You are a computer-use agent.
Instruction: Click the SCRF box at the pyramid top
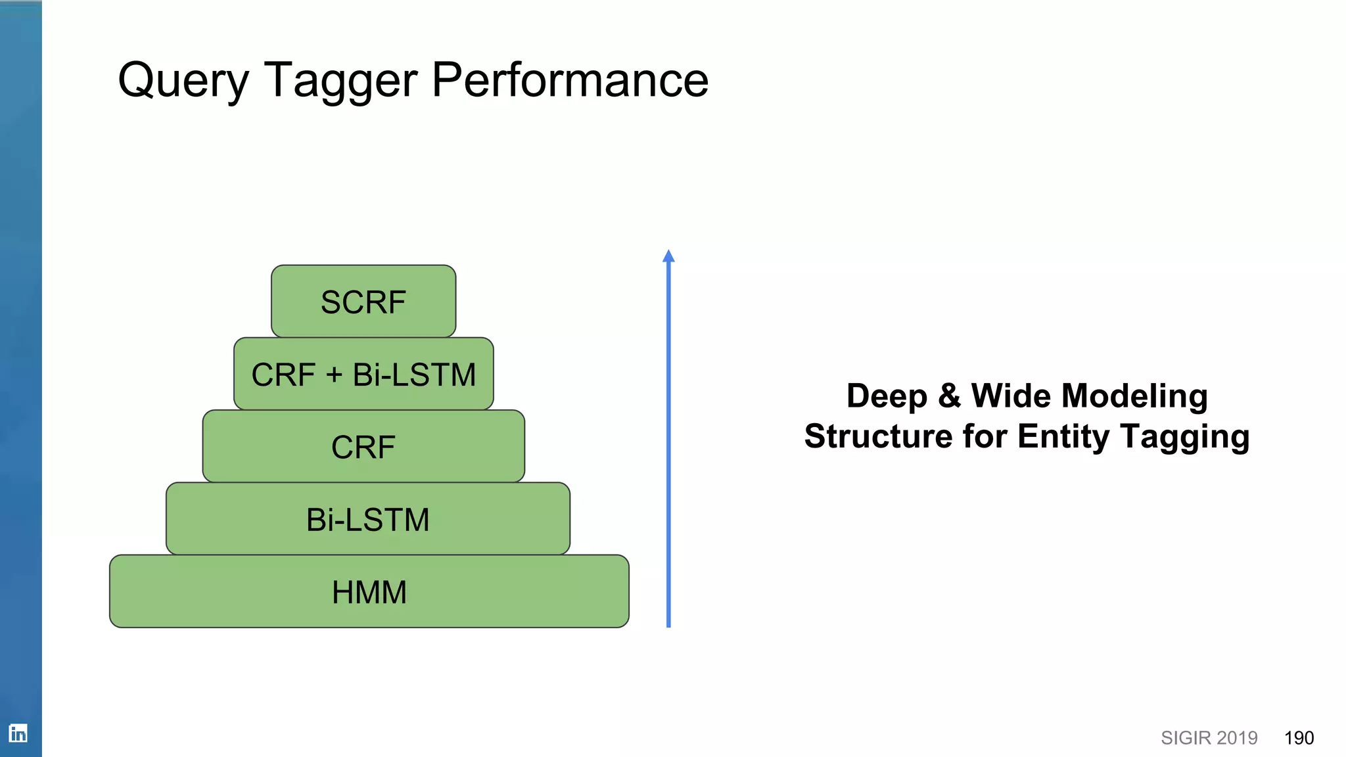[363, 302]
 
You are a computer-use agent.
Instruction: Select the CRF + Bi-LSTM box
[363, 375]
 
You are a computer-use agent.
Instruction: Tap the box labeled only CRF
[363, 447]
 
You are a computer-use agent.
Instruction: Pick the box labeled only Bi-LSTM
[368, 519]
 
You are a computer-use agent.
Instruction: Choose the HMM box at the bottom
[369, 591]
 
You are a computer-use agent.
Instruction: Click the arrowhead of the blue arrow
[668, 256]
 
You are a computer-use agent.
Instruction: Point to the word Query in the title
[183, 81]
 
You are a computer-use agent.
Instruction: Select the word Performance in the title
[570, 80]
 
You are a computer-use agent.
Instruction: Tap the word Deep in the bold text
[887, 397]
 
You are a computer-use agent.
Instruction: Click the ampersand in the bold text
[949, 396]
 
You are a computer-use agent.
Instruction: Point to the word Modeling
[1134, 397]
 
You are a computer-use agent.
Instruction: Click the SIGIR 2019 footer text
[1209, 738]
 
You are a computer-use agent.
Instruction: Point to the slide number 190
[1299, 738]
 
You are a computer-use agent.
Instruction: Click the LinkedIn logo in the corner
[18, 733]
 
